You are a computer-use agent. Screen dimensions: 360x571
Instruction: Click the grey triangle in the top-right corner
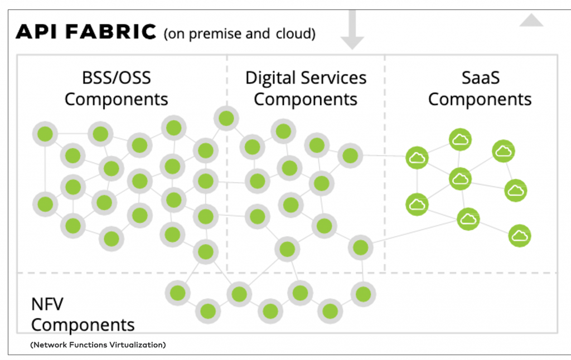click(531, 21)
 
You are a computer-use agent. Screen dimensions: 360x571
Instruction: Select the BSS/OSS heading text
click(116, 77)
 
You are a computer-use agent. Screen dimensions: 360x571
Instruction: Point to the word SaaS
click(480, 77)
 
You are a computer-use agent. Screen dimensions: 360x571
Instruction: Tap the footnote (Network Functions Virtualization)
click(98, 345)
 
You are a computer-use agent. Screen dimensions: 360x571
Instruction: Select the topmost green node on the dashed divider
click(226, 118)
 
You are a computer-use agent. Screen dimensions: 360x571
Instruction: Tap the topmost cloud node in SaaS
click(460, 140)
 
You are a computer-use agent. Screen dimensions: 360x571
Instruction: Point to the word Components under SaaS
click(480, 100)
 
